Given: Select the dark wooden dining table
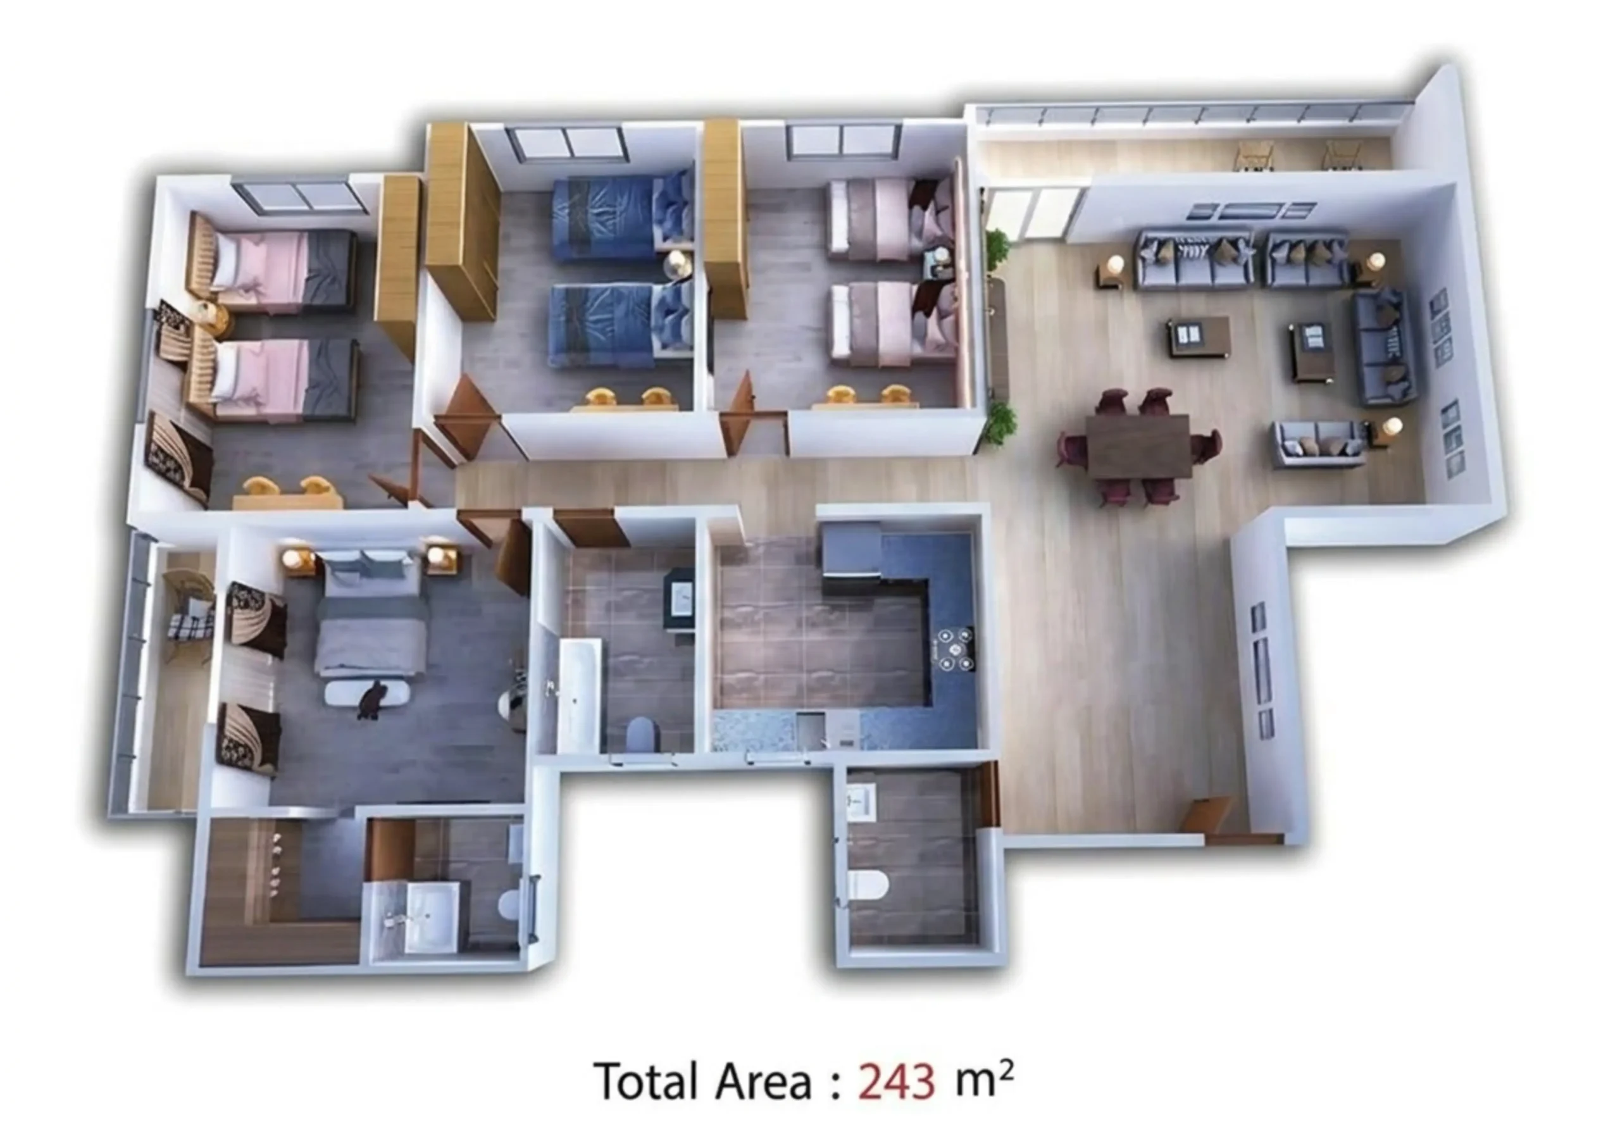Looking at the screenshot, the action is click(1137, 446).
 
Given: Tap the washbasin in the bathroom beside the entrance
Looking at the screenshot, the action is click(861, 802).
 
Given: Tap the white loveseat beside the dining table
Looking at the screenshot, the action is click(1319, 443).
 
